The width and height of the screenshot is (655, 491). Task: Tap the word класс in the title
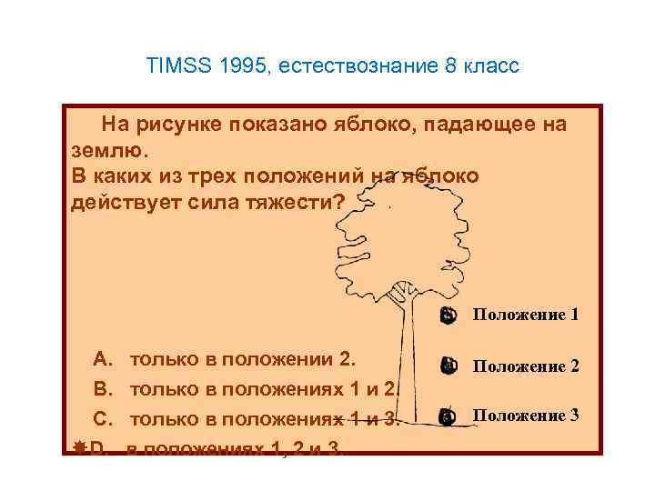(492, 67)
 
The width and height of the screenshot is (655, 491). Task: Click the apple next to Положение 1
(446, 316)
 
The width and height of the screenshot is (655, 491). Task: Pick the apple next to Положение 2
(446, 366)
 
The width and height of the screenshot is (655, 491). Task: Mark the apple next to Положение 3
(446, 416)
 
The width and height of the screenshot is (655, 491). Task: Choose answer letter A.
(103, 357)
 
